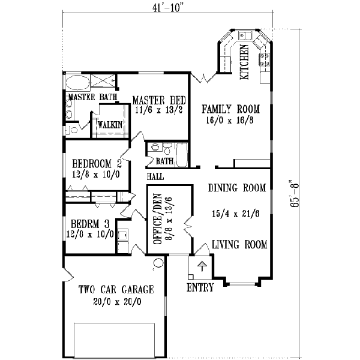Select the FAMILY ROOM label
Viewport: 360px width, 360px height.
point(230,109)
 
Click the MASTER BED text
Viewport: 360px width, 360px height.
point(159,100)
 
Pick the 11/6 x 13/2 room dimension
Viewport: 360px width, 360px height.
point(159,110)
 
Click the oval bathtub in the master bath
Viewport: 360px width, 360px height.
point(76,83)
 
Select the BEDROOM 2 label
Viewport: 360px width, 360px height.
point(97,163)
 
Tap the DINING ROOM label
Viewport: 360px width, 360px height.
point(237,188)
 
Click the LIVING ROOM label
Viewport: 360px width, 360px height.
point(239,245)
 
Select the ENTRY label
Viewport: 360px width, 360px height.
point(200,288)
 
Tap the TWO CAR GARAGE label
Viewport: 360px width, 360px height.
point(116,290)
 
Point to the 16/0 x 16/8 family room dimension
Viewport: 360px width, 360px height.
point(231,120)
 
